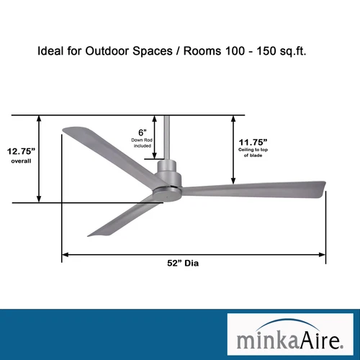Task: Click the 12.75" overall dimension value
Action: (22, 151)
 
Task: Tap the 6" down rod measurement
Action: (143, 132)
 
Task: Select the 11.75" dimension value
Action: (253, 142)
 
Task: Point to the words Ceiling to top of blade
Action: (253, 152)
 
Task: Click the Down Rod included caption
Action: (143, 143)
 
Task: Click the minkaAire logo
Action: (289, 335)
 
